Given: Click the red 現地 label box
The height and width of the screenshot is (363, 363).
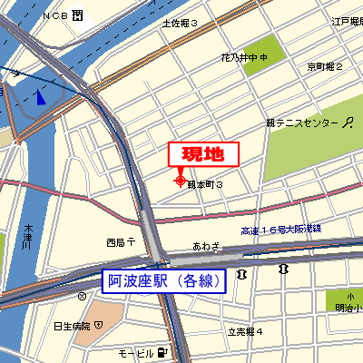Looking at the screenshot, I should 204,155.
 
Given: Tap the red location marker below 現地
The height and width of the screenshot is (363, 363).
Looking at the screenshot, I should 179,179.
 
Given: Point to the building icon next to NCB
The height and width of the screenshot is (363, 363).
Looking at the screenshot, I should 78,15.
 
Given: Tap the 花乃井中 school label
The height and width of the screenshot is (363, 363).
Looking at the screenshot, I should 245,58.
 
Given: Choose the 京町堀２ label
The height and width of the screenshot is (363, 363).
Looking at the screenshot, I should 324,67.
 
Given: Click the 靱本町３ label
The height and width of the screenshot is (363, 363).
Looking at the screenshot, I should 205,184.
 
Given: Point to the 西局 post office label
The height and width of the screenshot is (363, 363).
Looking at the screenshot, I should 120,242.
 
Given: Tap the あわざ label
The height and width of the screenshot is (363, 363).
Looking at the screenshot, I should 206,246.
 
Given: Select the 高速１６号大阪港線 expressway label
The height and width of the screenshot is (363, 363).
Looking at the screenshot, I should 282,230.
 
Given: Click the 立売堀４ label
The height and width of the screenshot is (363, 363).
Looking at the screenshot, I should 245,332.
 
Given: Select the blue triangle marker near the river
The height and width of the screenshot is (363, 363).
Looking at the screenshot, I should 41,97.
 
